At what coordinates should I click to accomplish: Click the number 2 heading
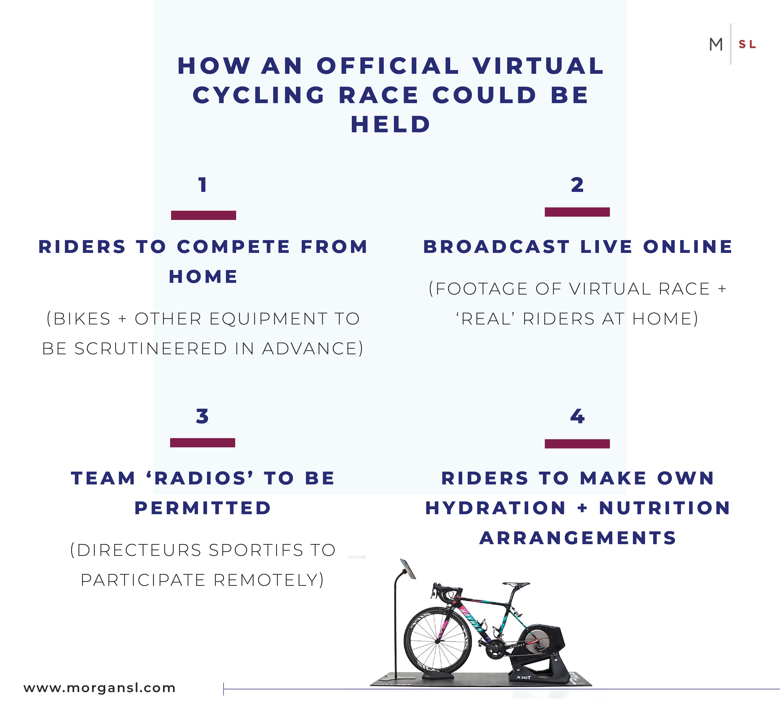pyautogui.click(x=577, y=185)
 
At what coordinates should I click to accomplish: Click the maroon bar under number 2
pyautogui.click(x=577, y=212)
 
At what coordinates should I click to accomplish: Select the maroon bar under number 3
pyautogui.click(x=202, y=443)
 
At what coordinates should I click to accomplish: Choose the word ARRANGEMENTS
pyautogui.click(x=578, y=538)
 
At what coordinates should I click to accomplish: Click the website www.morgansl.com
pyautogui.click(x=99, y=688)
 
